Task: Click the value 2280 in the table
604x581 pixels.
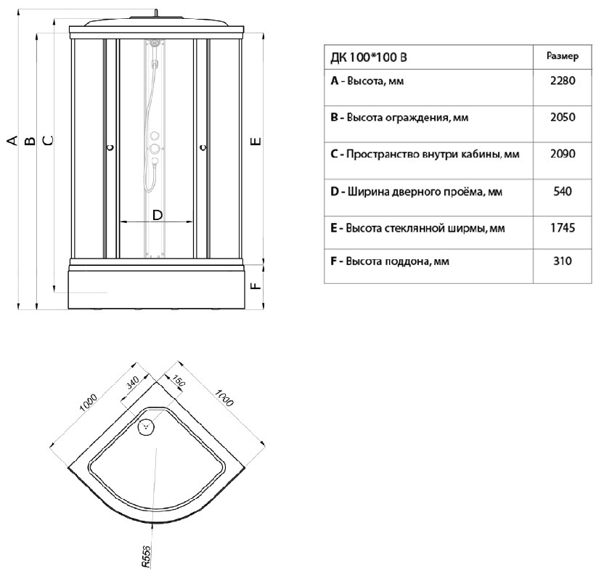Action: click(x=563, y=81)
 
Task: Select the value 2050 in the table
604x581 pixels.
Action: click(x=563, y=118)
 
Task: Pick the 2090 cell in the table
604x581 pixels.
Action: click(x=563, y=155)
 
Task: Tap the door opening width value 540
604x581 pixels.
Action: click(x=563, y=192)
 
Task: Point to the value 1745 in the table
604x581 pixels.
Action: click(x=563, y=228)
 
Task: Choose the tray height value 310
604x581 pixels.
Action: click(x=563, y=261)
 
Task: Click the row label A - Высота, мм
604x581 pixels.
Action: click(x=367, y=81)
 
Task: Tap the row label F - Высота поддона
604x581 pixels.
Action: click(x=390, y=261)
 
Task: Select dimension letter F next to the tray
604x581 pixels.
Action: click(x=255, y=285)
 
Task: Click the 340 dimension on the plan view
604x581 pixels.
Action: click(x=132, y=384)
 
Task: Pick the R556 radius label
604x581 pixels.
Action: click(x=145, y=555)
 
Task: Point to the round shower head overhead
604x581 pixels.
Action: click(x=155, y=18)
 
